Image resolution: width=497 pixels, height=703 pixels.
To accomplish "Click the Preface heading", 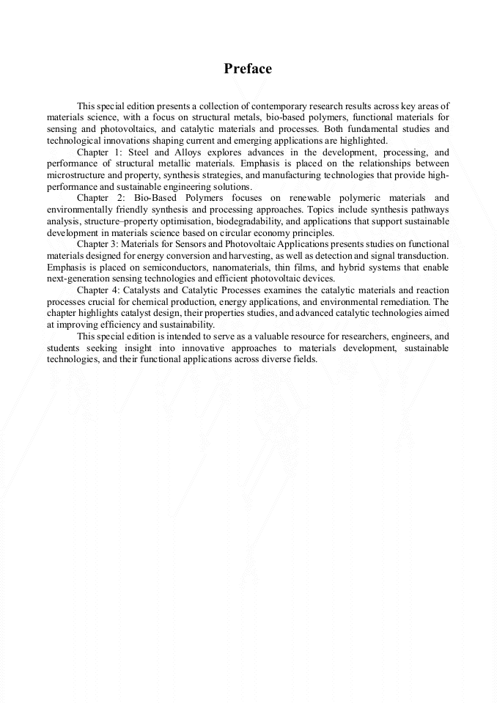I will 248,69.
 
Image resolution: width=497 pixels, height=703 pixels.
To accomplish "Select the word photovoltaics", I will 127,128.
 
